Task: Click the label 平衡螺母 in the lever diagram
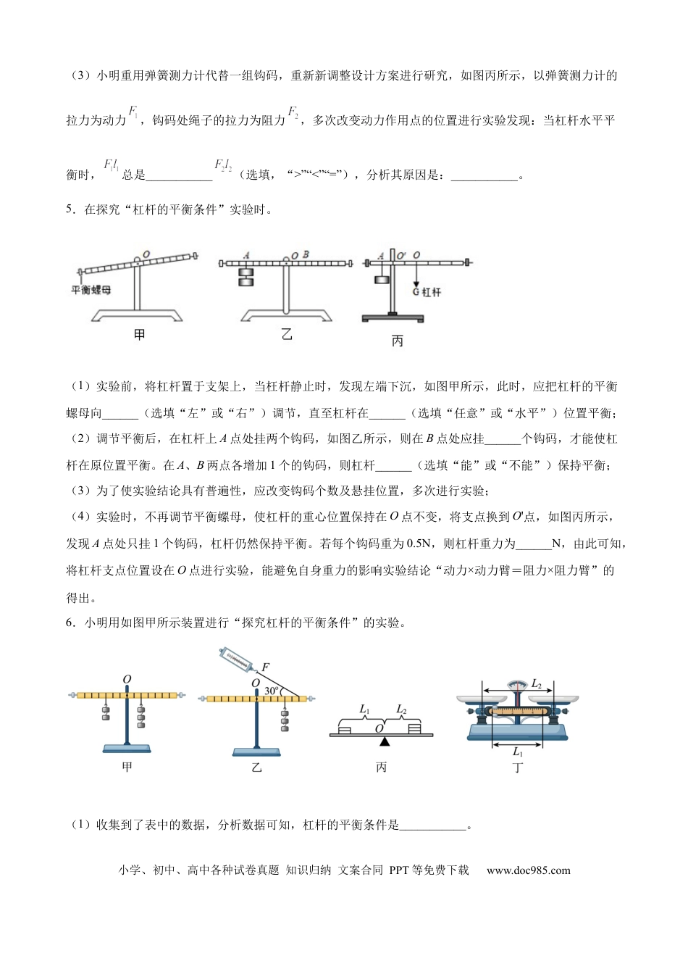click(x=91, y=291)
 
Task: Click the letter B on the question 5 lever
click(x=306, y=255)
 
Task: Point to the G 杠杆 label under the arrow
click(x=426, y=292)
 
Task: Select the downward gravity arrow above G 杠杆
click(x=416, y=275)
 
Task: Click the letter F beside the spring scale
click(x=265, y=667)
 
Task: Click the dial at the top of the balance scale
click(x=517, y=685)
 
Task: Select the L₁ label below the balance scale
click(x=517, y=752)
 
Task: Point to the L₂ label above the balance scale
click(x=537, y=683)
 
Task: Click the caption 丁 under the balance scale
click(x=517, y=767)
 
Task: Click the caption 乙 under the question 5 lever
click(x=287, y=334)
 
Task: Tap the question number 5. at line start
click(x=70, y=210)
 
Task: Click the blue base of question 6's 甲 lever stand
click(x=127, y=749)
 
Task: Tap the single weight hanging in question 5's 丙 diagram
click(x=382, y=280)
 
